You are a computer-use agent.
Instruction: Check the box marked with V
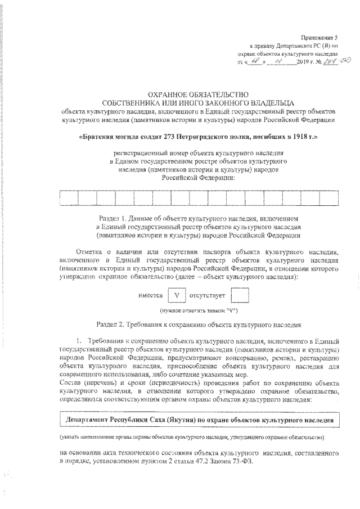pos(176,295)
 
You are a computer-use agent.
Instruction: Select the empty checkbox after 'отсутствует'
pos(240,295)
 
